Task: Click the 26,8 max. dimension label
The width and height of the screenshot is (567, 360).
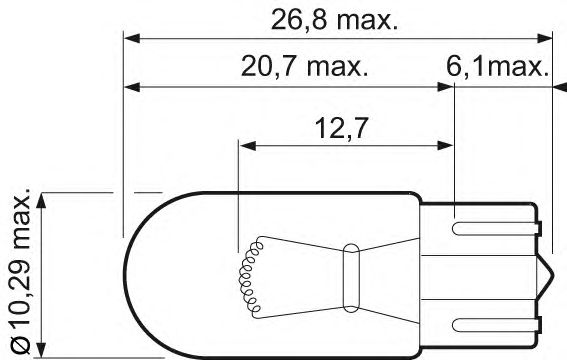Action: coord(334,20)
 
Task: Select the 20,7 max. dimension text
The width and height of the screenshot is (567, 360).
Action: coord(304,66)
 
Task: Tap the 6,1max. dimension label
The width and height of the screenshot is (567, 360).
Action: coord(498,66)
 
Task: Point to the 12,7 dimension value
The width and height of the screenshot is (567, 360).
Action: coord(341,128)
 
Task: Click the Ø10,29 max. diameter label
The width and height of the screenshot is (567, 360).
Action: coord(21,270)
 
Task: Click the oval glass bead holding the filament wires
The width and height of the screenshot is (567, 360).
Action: coord(351,278)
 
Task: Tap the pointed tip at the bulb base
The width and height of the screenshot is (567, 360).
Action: coord(553,278)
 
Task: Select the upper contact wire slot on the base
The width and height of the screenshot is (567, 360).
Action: coord(496,228)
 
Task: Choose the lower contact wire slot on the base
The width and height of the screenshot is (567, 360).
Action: coord(496,325)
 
